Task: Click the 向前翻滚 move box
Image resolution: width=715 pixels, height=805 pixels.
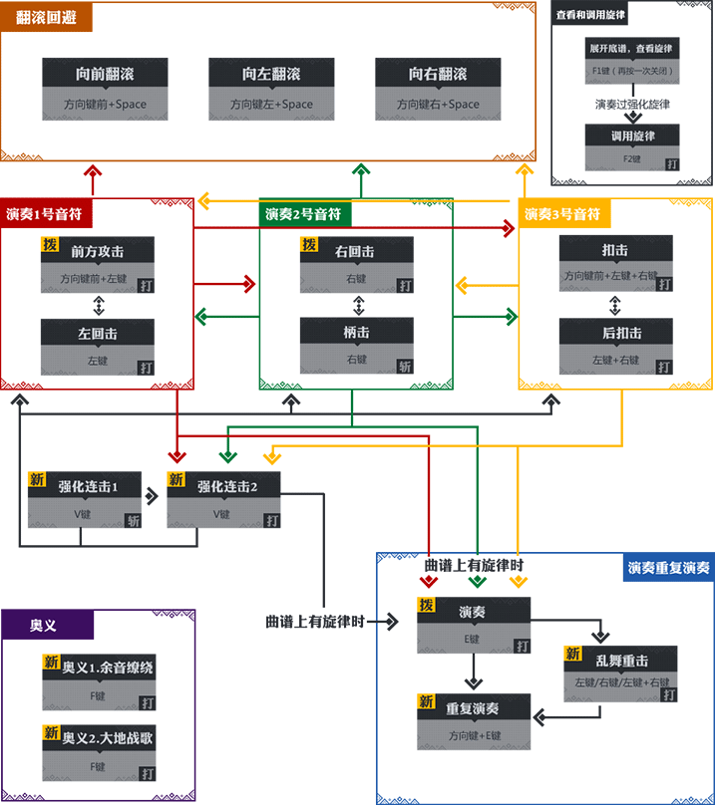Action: pyautogui.click(x=98, y=88)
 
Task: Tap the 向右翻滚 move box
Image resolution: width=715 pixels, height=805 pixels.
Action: pyautogui.click(x=432, y=88)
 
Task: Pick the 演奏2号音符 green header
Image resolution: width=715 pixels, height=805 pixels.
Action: pyautogui.click(x=306, y=212)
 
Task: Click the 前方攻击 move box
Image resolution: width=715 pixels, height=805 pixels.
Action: pyautogui.click(x=98, y=265)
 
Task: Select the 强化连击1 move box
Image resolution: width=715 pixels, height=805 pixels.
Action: pyautogui.click(x=85, y=499)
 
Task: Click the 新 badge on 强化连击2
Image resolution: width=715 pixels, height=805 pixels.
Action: pyautogui.click(x=176, y=479)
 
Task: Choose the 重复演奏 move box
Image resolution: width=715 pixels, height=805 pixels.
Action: pyautogui.click(x=474, y=721)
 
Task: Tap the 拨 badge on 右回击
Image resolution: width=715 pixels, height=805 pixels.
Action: pyautogui.click(x=309, y=244)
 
